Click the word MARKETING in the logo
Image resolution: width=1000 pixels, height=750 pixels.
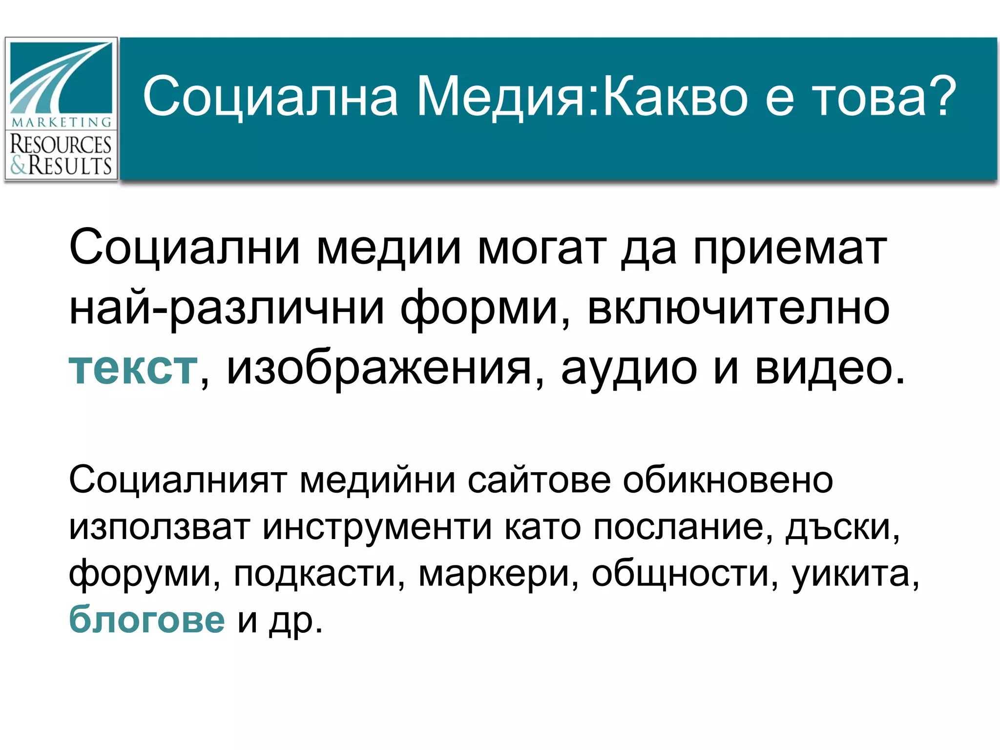(61, 122)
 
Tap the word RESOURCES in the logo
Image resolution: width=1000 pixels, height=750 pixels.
(61, 145)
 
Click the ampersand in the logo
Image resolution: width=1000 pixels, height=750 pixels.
(19, 166)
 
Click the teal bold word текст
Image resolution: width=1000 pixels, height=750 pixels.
(133, 368)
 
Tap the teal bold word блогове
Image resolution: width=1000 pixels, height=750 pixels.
(147, 620)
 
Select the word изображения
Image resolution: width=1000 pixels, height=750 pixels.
(379, 368)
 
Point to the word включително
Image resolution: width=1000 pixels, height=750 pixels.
(738, 309)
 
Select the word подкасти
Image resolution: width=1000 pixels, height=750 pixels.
(314, 573)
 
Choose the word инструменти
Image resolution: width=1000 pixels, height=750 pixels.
(377, 527)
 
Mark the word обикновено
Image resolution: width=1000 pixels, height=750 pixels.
(728, 480)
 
